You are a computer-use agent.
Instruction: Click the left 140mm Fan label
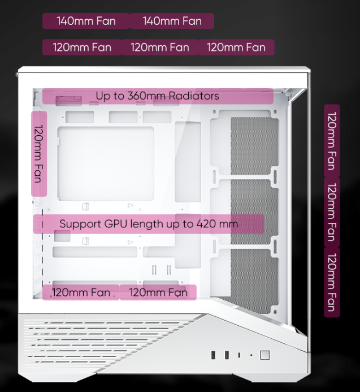(86, 21)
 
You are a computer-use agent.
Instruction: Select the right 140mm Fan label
(172, 21)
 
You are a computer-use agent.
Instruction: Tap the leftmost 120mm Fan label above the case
(82, 47)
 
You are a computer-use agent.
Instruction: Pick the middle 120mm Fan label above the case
(160, 47)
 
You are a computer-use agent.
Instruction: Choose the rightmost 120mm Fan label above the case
(236, 47)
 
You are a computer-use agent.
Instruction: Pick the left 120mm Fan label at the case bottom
(81, 292)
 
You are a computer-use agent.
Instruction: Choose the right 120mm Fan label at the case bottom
(158, 292)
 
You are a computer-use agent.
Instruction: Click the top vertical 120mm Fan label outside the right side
(332, 141)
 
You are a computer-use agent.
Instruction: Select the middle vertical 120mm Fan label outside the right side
(332, 213)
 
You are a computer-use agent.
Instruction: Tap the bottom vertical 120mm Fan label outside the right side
(332, 282)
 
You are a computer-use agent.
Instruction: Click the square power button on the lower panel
(264, 355)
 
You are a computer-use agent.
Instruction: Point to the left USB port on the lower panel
(214, 355)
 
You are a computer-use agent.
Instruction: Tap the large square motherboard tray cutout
(106, 163)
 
